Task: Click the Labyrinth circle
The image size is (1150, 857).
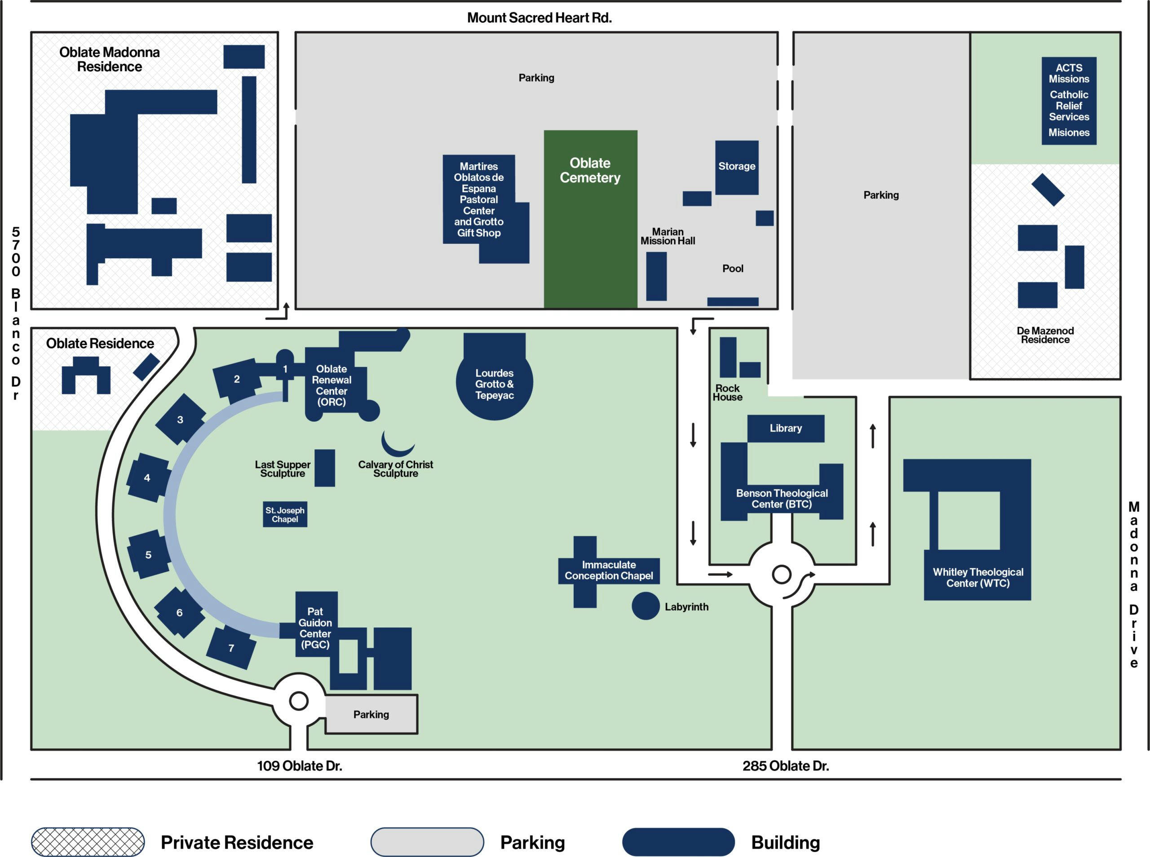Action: [x=645, y=605]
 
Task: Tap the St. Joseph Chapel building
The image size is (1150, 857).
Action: [x=285, y=514]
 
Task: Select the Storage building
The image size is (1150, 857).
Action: [x=737, y=167]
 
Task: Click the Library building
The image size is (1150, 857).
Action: [x=785, y=428]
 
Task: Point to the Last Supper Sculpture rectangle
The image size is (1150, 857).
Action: [x=325, y=468]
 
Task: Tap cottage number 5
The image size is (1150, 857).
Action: [x=149, y=554]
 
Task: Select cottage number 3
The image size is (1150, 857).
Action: [x=180, y=419]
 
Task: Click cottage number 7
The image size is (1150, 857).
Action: [x=231, y=647]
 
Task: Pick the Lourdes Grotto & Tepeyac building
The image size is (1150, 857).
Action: [x=494, y=384]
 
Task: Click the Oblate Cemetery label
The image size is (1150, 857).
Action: [x=590, y=170]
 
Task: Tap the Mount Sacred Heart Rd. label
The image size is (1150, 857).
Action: [x=540, y=18]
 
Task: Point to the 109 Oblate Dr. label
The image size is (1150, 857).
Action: [x=299, y=766]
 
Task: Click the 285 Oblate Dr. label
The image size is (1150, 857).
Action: [x=785, y=766]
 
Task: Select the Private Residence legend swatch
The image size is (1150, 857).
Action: [x=88, y=841]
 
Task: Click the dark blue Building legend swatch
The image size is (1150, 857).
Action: [x=678, y=841]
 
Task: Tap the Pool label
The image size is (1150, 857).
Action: [x=732, y=268]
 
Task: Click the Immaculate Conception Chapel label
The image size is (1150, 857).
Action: [x=608, y=570]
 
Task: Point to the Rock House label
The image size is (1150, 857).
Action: [x=727, y=392]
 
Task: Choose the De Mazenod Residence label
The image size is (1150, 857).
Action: [x=1045, y=335]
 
